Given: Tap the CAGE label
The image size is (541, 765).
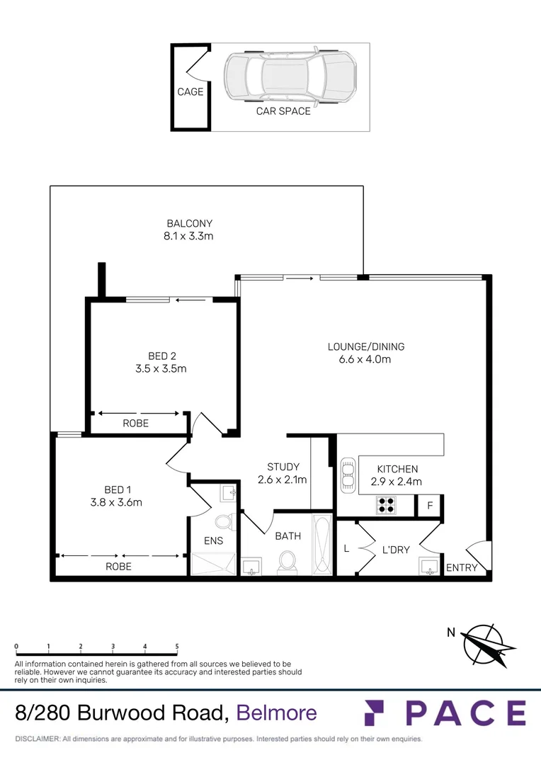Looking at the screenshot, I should tap(190, 91).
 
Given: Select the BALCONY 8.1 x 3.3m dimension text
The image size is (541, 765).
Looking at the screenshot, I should tap(189, 236).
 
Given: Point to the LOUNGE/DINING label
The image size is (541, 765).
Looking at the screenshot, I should tap(365, 346).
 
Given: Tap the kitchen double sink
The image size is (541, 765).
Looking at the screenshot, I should tap(348, 474).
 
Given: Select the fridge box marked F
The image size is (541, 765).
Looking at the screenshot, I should tap(428, 506).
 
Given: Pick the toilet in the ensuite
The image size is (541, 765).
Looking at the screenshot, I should tap(224, 522).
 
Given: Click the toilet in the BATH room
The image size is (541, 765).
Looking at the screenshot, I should tap(287, 562).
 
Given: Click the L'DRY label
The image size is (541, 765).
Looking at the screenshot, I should tap(396, 549).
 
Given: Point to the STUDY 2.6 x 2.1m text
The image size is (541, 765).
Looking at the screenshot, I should tap(283, 473).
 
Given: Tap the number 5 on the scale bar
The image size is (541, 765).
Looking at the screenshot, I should tap(177, 647).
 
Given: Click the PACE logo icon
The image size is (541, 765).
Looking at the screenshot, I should tap(375, 713).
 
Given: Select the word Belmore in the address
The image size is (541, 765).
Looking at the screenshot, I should tap(277, 713).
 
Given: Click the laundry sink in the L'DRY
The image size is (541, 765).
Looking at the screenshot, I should tap(428, 567).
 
